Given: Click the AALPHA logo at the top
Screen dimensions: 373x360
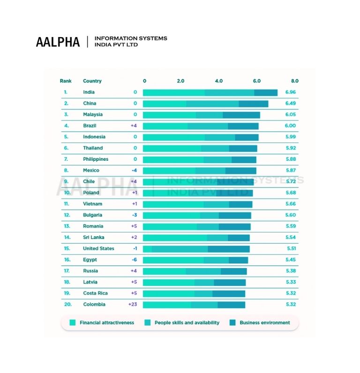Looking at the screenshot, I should tap(58, 41).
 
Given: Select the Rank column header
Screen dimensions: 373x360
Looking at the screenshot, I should tap(66, 81).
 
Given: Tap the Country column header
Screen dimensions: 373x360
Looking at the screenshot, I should tap(92, 81).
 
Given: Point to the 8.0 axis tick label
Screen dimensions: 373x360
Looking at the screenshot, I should tap(294, 81).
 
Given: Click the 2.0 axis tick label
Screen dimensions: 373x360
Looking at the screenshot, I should tap(180, 81).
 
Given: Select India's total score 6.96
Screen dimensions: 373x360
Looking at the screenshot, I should tap(290, 92).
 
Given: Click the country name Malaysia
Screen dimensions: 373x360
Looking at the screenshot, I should tap(93, 114).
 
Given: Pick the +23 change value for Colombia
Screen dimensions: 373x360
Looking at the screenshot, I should tap(133, 305).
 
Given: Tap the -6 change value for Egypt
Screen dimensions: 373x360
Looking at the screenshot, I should tap(134, 260).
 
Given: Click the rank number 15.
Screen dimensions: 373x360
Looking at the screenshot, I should tap(67, 248).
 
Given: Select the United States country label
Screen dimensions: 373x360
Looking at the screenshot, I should tap(98, 248).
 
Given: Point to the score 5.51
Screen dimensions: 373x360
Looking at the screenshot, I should tap(291, 248).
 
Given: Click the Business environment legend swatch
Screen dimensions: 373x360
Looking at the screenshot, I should tap(232, 323).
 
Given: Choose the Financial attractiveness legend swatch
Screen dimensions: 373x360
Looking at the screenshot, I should tap(72, 323).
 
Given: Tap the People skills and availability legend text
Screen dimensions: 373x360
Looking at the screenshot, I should tap(187, 323).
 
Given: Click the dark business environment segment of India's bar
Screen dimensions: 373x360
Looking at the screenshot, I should tap(266, 92).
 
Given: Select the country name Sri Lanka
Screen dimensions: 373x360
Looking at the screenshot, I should tap(94, 238).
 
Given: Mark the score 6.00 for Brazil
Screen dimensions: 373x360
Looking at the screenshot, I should tap(290, 126).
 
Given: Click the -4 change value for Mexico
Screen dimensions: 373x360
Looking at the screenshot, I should tap(134, 171).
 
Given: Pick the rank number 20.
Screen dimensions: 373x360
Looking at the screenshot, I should tap(67, 305).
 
